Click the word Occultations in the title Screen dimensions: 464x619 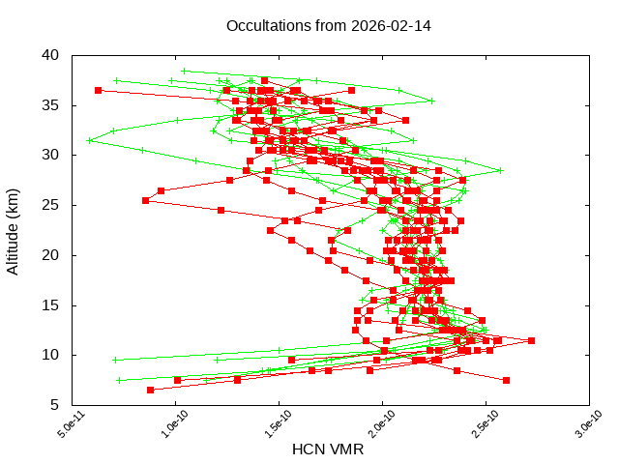point(267,25)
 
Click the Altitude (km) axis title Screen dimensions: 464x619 point(14,230)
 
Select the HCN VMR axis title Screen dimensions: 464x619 point(328,449)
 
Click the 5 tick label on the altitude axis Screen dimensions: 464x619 point(56,405)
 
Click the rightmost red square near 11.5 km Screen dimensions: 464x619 point(531,340)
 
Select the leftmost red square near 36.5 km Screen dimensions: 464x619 point(98,90)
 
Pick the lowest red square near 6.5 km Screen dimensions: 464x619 point(150,390)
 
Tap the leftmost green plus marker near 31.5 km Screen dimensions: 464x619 point(89,140)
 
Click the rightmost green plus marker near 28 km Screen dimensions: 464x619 point(501,171)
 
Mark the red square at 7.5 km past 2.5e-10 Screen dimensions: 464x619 point(506,380)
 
